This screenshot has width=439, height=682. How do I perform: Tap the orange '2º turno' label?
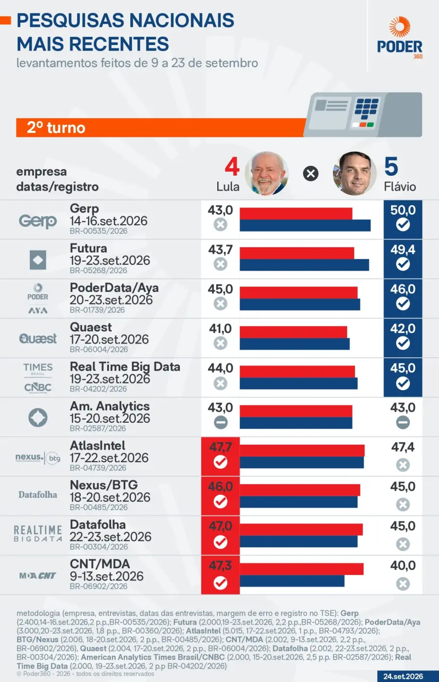(x=56, y=128)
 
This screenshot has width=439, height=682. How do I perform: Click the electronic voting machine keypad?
(x=367, y=109)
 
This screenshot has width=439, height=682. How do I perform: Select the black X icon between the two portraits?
(x=311, y=174)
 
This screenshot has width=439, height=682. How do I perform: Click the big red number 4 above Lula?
(x=232, y=167)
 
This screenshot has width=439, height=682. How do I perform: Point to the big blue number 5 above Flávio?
(x=391, y=167)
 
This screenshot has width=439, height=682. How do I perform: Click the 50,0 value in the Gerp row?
(x=403, y=210)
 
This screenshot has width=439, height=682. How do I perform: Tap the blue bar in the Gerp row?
(x=305, y=225)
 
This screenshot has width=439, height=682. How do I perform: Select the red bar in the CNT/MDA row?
(x=302, y=569)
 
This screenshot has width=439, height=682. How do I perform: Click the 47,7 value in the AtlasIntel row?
(x=220, y=447)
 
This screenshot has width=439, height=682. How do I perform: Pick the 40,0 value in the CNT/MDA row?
(x=403, y=565)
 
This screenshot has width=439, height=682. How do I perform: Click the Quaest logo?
(x=38, y=338)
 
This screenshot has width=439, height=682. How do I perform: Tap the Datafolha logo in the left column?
(x=38, y=495)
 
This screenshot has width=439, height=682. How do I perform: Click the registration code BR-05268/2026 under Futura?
(x=99, y=270)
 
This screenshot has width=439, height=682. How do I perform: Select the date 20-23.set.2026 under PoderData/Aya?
(x=111, y=300)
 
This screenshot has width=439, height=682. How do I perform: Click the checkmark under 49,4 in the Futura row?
(x=403, y=264)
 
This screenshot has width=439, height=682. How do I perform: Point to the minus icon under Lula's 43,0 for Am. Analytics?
(x=220, y=422)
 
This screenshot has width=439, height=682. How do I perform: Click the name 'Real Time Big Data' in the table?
(x=125, y=367)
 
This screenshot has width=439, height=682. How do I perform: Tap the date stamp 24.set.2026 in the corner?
(x=403, y=676)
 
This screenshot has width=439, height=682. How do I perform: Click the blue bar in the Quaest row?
(x=295, y=344)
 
